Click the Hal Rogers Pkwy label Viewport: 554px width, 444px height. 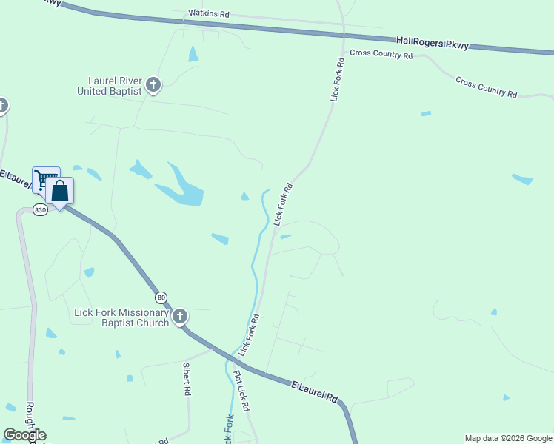point(431,44)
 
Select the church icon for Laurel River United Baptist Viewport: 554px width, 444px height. point(153,85)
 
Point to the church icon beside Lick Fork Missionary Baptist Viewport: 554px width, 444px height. point(179,317)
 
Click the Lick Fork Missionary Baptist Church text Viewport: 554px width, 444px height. point(121,317)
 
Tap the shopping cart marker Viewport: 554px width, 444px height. point(45,180)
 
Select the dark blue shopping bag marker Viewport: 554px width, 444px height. point(59,192)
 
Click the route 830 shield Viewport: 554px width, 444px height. point(40,210)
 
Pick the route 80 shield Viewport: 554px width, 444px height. point(161,297)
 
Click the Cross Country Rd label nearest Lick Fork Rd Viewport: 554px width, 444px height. point(381,54)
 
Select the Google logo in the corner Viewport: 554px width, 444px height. point(24,435)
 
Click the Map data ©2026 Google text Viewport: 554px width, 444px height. point(508,438)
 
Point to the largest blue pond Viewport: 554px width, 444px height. point(184,187)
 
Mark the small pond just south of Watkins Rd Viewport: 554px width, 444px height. point(193,54)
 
